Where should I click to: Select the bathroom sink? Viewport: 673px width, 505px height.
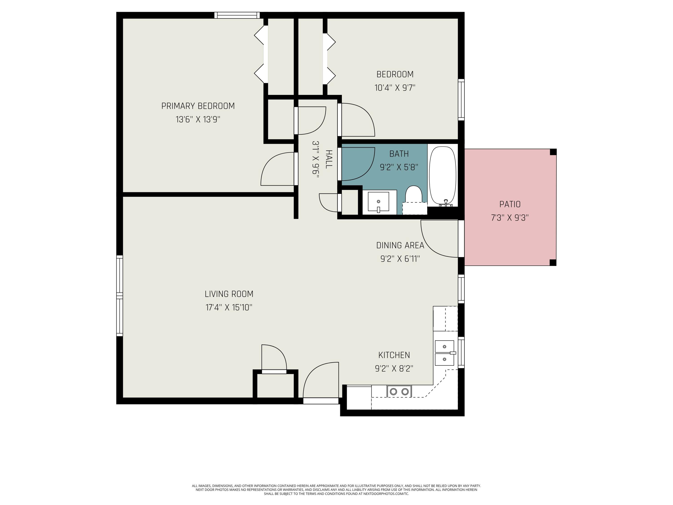[x=378, y=202]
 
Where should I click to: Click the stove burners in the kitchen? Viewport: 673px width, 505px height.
[x=399, y=391]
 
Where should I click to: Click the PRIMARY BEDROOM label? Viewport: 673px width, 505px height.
[x=198, y=106]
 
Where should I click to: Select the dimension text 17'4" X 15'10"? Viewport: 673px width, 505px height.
[x=229, y=307]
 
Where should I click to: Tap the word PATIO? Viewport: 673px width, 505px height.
[x=510, y=204]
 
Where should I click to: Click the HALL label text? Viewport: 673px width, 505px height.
[x=329, y=159]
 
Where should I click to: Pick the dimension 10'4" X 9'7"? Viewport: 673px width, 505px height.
[x=395, y=88]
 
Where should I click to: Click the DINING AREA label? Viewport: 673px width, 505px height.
[x=400, y=245]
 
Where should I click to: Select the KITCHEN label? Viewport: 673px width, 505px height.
[x=394, y=355]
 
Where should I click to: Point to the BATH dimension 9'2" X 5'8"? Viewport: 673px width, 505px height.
[x=399, y=167]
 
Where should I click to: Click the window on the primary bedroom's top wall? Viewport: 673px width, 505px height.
[x=237, y=15]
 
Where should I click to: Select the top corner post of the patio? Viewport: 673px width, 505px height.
[x=553, y=152]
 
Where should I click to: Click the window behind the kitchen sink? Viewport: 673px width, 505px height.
[x=461, y=353]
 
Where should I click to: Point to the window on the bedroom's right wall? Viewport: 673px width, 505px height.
[x=461, y=99]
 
